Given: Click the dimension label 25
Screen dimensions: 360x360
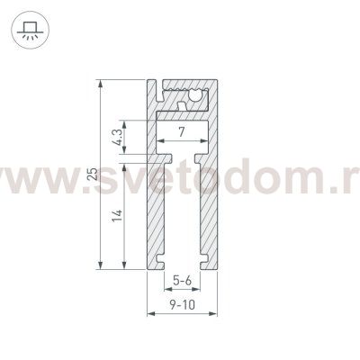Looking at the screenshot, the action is pyautogui.click(x=94, y=174).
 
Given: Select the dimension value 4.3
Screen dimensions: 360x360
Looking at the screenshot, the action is pyautogui.click(x=118, y=137).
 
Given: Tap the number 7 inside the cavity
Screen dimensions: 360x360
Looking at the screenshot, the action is pyautogui.click(x=181, y=132).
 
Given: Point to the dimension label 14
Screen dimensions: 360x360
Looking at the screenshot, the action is pyautogui.click(x=118, y=215).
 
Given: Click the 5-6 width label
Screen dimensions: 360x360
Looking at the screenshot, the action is pyautogui.click(x=182, y=281).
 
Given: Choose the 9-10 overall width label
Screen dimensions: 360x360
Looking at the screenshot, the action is pyautogui.click(x=182, y=305).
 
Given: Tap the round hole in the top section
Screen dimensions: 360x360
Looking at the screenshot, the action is pyautogui.click(x=195, y=94).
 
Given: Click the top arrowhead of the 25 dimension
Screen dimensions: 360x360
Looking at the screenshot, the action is pyautogui.click(x=101, y=84).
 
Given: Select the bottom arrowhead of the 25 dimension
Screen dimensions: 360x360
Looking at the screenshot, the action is pyautogui.click(x=101, y=265).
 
